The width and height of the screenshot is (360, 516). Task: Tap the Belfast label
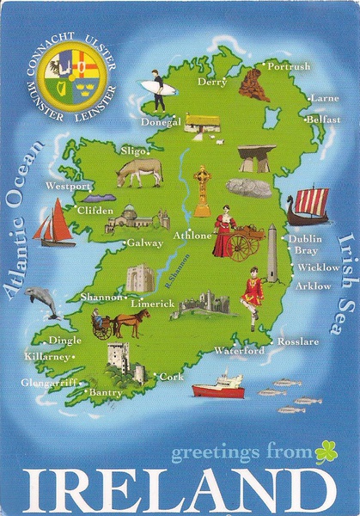323,120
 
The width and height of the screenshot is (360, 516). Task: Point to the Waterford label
240,351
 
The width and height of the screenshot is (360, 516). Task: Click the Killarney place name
46,356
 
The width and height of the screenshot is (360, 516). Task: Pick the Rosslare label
297,341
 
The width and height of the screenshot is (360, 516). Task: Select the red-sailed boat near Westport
54,223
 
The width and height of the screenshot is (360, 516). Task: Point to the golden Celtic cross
202,190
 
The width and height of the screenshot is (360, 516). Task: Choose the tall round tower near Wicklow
272,255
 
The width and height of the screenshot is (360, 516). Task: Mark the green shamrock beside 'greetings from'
326,451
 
